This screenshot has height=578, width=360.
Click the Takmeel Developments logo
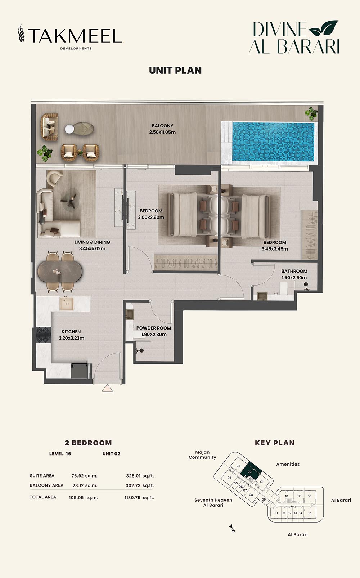71,37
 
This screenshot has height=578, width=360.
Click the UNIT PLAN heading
175,71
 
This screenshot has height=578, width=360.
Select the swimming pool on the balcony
273,142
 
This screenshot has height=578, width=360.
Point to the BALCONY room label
162,126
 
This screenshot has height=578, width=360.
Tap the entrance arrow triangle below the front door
107,388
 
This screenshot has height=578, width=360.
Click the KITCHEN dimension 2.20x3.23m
71,338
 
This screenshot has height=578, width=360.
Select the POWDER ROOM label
153,328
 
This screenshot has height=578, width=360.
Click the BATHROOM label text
294,271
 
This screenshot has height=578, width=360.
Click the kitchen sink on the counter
67,303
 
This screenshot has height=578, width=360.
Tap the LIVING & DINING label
92,242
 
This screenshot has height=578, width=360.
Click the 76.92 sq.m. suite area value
84,476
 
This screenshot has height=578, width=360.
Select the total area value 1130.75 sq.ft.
139,498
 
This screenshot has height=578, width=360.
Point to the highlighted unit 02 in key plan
251,471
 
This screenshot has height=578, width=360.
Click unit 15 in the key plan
310,513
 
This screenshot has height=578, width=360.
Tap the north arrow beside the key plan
232,528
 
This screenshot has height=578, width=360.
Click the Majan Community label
202,455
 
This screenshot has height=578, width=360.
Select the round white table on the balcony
69,129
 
